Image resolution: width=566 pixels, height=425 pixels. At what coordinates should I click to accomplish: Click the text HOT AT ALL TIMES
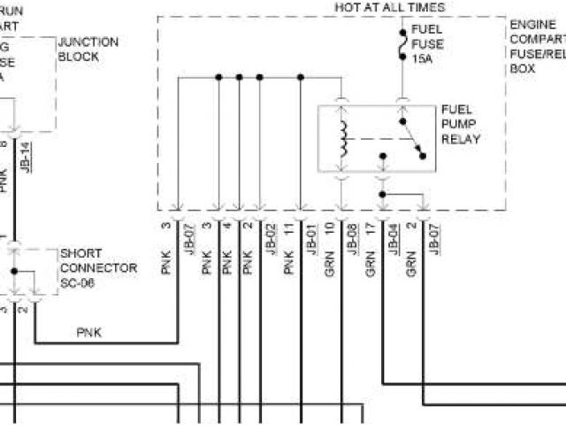(389, 7)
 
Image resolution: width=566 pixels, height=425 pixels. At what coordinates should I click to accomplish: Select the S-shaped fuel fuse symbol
(402, 42)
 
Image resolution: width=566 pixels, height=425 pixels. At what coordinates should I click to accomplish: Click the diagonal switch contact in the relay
(409, 136)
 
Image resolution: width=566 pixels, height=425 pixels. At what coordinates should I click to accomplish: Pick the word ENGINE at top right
(532, 25)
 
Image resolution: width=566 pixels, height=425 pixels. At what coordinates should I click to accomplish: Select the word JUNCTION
(88, 42)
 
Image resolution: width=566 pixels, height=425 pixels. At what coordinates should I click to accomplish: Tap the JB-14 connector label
(27, 157)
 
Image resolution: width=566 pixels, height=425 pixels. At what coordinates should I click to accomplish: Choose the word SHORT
(80, 253)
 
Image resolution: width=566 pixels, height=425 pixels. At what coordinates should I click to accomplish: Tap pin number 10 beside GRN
(328, 227)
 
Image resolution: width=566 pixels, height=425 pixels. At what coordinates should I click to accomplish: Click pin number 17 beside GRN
(371, 227)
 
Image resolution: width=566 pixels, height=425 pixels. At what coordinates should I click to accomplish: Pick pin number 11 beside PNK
(289, 227)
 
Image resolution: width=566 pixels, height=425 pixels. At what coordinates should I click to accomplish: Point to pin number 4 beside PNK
(227, 227)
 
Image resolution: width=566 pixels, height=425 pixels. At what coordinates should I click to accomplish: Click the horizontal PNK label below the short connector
(89, 333)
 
